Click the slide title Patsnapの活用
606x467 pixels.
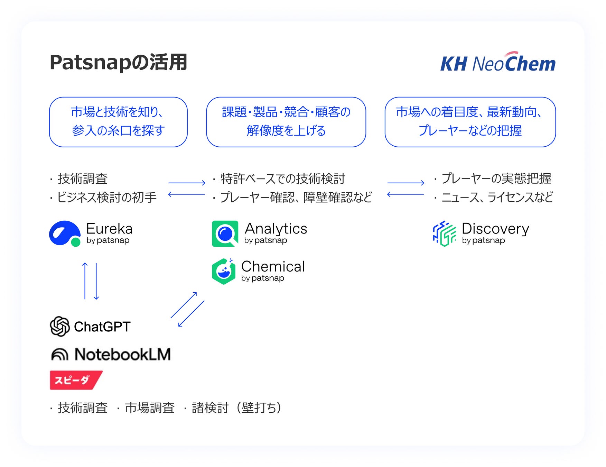[118, 63]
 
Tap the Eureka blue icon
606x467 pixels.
[65, 233]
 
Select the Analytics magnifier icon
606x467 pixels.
[225, 233]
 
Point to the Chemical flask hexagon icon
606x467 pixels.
[224, 272]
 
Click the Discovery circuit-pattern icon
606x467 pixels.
[445, 233]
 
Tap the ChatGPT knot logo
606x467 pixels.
[60, 326]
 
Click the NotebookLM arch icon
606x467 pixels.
[59, 354]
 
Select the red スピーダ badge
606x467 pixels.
[75, 380]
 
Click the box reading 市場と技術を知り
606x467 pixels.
[118, 122]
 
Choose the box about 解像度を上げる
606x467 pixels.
[286, 122]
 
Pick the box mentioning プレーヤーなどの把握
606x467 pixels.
[470, 122]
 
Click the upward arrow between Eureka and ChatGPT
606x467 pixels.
[85, 281]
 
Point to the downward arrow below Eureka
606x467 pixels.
[96, 281]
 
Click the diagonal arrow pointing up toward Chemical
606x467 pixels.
[184, 305]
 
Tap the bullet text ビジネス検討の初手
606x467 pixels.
[106, 197]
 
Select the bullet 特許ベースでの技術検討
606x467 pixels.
[282, 178]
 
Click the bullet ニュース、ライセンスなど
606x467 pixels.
[497, 197]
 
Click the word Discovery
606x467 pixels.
[495, 229]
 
